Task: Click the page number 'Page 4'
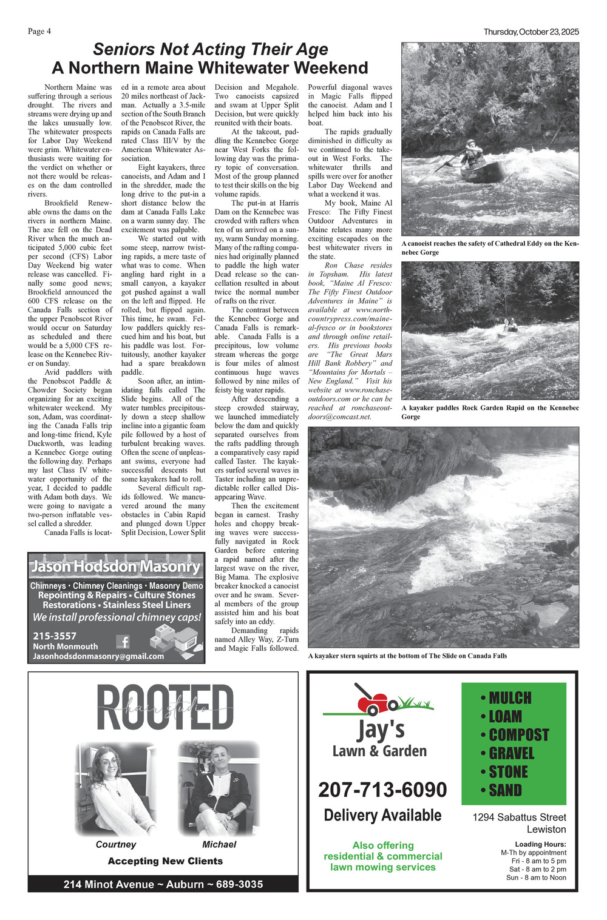click(x=39, y=32)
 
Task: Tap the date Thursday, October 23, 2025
click(x=531, y=32)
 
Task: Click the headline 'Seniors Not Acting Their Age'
click(x=211, y=49)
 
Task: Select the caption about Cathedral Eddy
click(x=490, y=247)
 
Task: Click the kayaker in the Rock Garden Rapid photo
click(x=510, y=326)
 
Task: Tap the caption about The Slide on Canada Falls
click(x=407, y=656)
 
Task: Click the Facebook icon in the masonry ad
click(x=123, y=642)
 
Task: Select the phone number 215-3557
click(x=55, y=636)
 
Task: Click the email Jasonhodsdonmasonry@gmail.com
click(x=98, y=656)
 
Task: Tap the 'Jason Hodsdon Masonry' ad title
click(x=115, y=567)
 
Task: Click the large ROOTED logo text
click(x=164, y=708)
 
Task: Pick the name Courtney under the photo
click(x=116, y=844)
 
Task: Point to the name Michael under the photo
click(x=219, y=844)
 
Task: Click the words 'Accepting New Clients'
click(x=165, y=861)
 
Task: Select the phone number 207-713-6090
click(x=382, y=790)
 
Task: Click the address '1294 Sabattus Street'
click(x=519, y=818)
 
